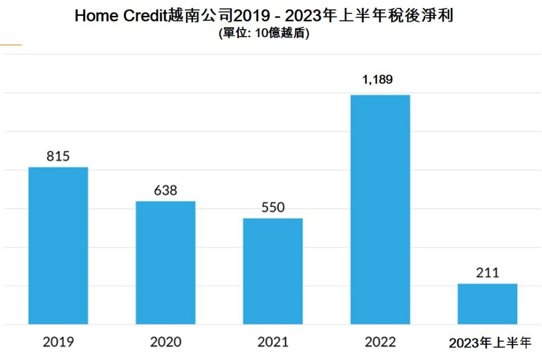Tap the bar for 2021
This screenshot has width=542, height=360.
[273, 271]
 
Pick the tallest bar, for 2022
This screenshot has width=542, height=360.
[380, 209]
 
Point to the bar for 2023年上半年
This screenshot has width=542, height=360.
[487, 303]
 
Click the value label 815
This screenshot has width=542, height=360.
[58, 157]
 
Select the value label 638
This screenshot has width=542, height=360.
[166, 191]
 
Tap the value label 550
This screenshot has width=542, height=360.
[273, 208]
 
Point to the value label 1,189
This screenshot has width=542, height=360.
[377, 80]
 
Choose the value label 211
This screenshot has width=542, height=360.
[487, 273]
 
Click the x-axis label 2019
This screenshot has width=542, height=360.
[58, 342]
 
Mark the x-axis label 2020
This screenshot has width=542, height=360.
[166, 342]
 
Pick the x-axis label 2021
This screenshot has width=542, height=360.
[273, 342]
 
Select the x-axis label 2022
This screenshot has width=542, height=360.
[380, 342]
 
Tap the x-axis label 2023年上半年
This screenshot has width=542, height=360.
[490, 343]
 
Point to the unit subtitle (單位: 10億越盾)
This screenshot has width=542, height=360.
[264, 33]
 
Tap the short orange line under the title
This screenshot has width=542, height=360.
[11, 45]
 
